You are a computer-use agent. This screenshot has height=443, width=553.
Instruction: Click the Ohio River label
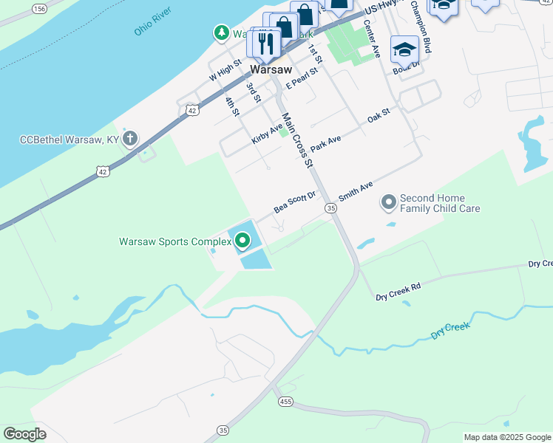pyautogui.click(x=153, y=22)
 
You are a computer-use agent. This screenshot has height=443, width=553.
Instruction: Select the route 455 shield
pyautogui.click(x=286, y=402)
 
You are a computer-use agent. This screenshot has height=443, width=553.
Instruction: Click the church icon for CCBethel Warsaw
pyautogui.click(x=130, y=139)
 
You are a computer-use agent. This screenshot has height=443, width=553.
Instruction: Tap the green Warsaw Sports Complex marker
pyautogui.click(x=242, y=241)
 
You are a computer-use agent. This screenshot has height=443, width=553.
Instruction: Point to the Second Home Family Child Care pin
pyautogui.click(x=388, y=202)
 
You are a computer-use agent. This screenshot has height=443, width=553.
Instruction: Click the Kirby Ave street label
pyautogui.click(x=267, y=134)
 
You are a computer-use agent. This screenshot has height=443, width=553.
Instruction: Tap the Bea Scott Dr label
pyautogui.click(x=294, y=202)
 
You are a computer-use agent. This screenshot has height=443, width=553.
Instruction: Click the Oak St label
pyautogui.click(x=378, y=115)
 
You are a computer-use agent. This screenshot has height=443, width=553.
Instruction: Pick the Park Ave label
pyautogui.click(x=325, y=143)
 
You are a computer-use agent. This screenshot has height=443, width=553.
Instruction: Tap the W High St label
pyautogui.click(x=225, y=71)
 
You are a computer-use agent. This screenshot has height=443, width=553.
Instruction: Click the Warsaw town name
pyautogui.click(x=268, y=69)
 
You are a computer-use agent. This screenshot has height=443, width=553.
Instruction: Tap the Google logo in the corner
pyautogui.click(x=24, y=433)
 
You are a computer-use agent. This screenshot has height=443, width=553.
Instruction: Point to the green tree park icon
pyautogui.click(x=221, y=33)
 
